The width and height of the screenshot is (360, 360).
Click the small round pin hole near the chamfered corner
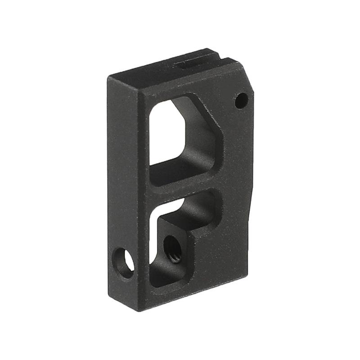tap(241, 100)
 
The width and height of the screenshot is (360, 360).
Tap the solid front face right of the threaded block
tap(220, 261)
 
